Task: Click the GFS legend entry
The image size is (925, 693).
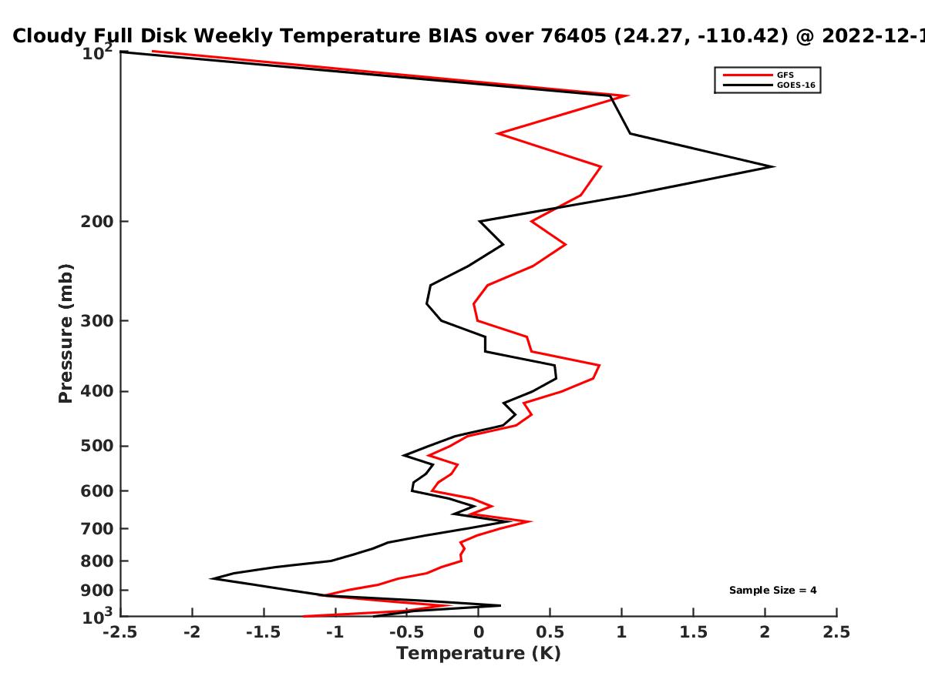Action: click(758, 75)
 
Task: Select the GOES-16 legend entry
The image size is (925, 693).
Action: click(769, 85)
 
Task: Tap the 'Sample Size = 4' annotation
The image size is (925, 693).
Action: click(773, 591)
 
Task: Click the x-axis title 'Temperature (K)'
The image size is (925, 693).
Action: click(479, 654)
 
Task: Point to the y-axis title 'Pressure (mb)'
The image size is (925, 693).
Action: click(66, 333)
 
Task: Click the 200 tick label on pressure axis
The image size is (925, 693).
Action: click(97, 221)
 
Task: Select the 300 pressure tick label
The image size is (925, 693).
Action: click(97, 321)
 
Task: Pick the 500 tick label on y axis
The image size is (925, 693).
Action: click(97, 446)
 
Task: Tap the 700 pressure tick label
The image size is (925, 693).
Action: click(97, 529)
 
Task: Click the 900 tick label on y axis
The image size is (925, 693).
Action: click(97, 591)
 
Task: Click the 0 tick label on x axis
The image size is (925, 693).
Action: click(479, 632)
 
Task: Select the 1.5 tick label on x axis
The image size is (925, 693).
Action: click(693, 632)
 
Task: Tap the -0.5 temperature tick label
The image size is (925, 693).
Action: click(407, 632)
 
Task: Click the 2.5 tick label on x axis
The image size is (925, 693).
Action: click(836, 632)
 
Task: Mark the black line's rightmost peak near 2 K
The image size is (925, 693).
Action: click(774, 166)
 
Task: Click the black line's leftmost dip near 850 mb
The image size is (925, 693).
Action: click(211, 578)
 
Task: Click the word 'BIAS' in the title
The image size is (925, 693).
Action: click(452, 36)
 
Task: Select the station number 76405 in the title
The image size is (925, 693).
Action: click(573, 36)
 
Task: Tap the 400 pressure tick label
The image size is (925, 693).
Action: click(97, 392)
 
